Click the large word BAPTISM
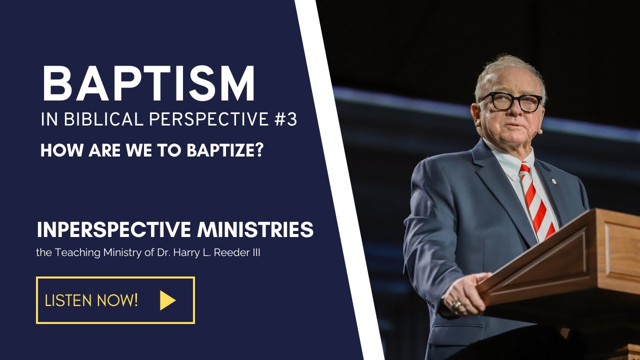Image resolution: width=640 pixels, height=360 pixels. coord(148,84)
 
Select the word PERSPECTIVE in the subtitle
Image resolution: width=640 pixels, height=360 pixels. coord(209,120)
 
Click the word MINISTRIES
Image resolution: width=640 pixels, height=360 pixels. coord(255,229)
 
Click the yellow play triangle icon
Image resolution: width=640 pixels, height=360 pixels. coord(167,300)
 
